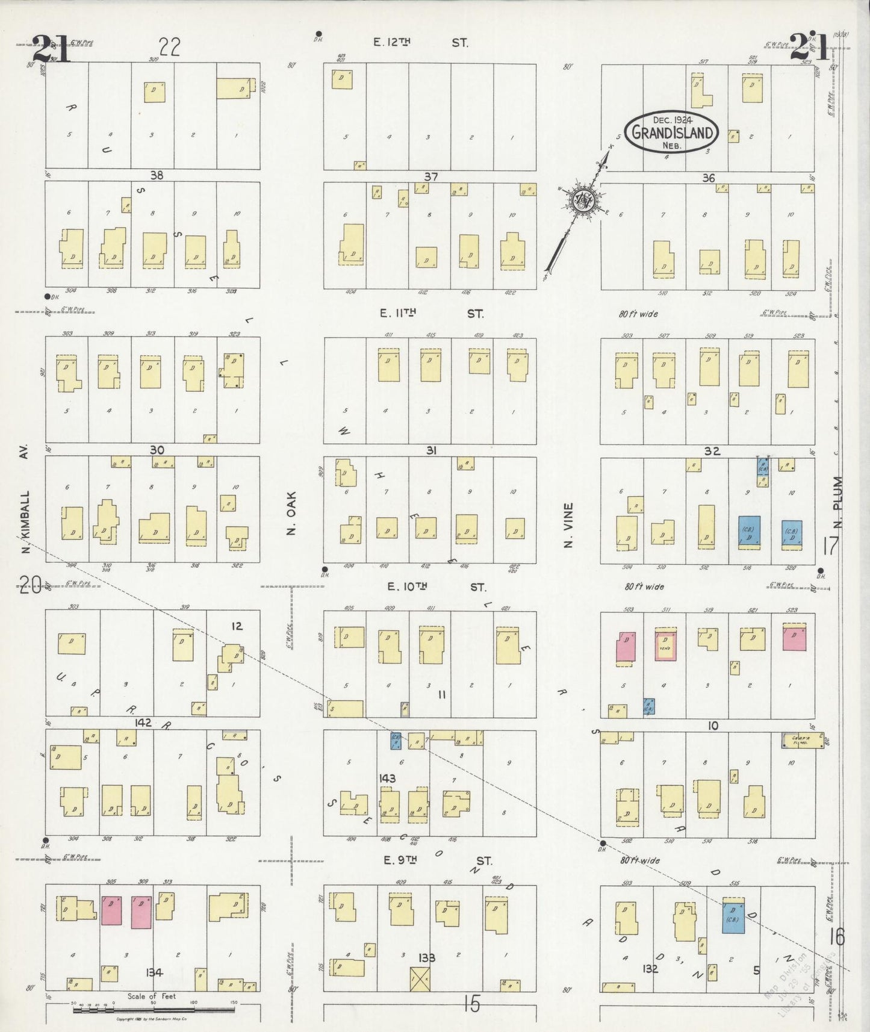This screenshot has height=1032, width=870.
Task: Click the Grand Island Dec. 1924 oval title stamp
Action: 671,132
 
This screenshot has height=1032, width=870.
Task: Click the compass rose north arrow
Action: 583,201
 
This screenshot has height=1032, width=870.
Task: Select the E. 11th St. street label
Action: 431,314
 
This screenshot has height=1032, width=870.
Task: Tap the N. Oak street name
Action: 291,522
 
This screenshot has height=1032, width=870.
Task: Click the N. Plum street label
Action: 839,503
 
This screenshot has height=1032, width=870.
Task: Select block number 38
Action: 157,175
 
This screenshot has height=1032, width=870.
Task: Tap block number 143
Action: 387,779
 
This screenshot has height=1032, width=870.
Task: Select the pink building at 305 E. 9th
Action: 111,910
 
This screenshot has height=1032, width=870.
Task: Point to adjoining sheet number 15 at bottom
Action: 472,1003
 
